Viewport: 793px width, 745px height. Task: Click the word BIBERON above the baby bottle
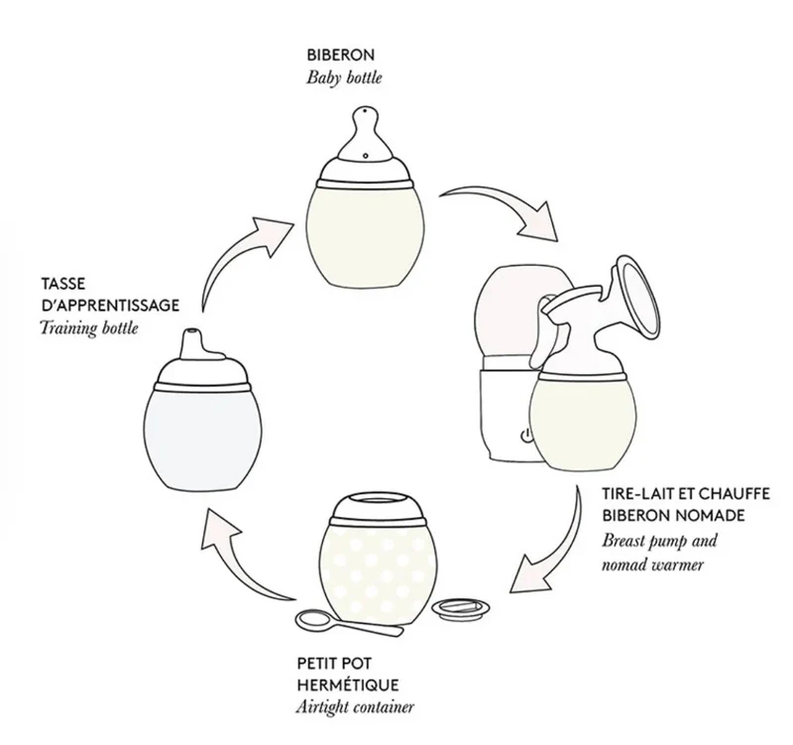point(340,55)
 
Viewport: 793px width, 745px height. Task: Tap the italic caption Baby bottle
point(344,78)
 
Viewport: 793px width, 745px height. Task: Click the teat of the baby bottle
point(366,134)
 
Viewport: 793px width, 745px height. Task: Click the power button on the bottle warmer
point(526,435)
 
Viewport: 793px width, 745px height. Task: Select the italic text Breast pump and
point(659,541)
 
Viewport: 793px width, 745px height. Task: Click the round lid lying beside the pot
point(461,609)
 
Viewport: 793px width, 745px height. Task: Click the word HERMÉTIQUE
point(348,684)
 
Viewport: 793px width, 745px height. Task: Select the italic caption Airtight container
point(355,707)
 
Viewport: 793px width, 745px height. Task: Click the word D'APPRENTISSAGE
point(110,306)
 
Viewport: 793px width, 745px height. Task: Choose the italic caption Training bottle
point(89,328)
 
